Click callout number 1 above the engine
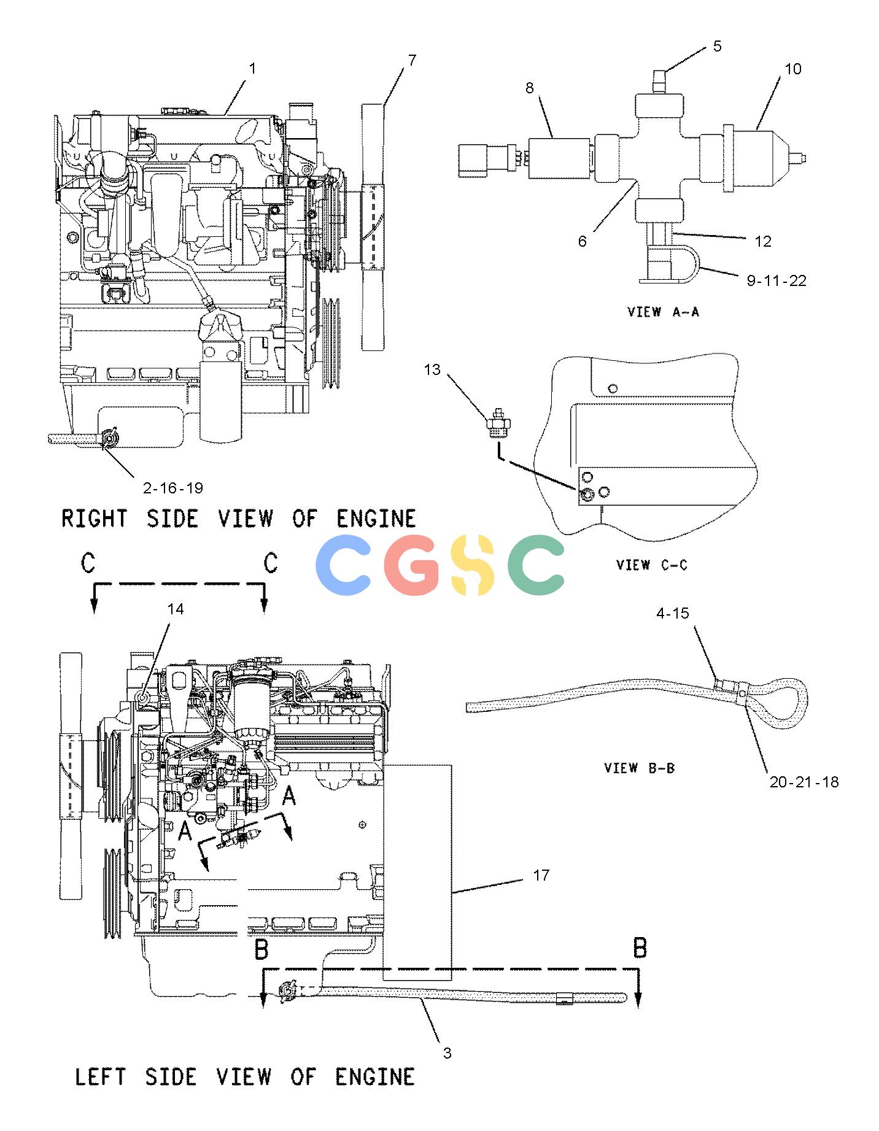pos(252,69)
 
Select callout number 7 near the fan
pos(412,60)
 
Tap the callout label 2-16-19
pos(172,488)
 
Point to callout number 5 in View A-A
pos(718,46)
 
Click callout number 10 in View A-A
pos(793,69)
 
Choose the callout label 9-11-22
pos(776,280)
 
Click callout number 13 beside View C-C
pos(432,369)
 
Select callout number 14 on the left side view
pos(176,609)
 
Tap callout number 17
pos(541,875)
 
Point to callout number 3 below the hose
pos(447,1053)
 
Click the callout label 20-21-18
pos(804,782)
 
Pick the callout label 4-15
pos(673,613)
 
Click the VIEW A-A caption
pos(663,312)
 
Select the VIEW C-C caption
pos(652,565)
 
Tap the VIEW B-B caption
pos(640,768)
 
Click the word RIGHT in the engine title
pos(95,519)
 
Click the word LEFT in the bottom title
pos(100,1076)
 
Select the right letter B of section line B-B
pos(640,948)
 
